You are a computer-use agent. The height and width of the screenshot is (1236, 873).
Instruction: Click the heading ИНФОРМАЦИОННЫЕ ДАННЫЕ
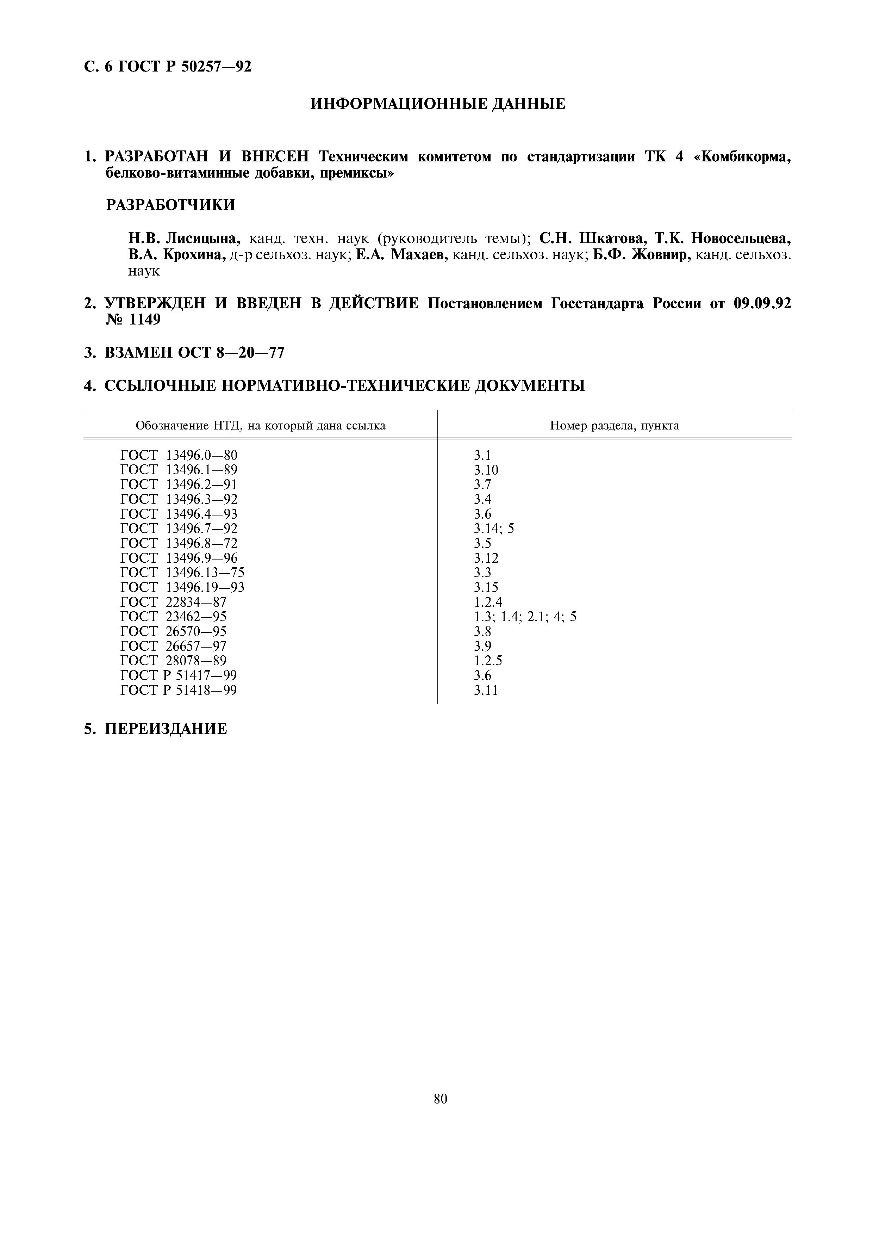pyautogui.click(x=438, y=104)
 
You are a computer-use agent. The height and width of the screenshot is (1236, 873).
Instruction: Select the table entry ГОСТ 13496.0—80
pyautogui.click(x=179, y=456)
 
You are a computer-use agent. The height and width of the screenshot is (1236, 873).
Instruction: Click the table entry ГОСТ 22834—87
pyautogui.click(x=173, y=602)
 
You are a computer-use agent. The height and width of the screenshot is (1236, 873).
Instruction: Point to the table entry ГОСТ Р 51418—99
pyautogui.click(x=178, y=690)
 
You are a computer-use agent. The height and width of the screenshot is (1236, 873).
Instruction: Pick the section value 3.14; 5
pyautogui.click(x=494, y=529)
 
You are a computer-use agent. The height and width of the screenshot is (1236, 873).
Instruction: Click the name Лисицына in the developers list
pyautogui.click(x=203, y=238)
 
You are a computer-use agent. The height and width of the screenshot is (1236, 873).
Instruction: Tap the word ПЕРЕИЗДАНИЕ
pyautogui.click(x=166, y=729)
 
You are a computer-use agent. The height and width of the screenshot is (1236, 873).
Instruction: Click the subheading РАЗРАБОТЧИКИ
pyautogui.click(x=170, y=205)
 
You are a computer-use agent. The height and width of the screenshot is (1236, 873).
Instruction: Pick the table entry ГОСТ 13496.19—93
pyautogui.click(x=182, y=587)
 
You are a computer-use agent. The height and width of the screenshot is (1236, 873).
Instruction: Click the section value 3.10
pyautogui.click(x=486, y=470)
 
